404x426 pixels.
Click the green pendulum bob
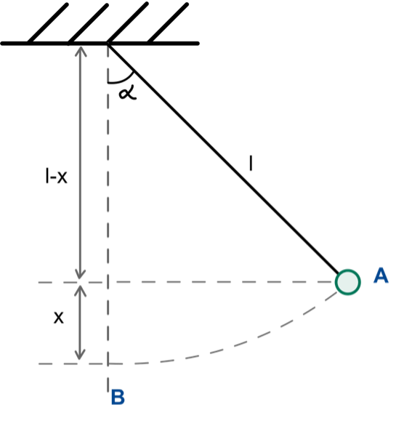point(348,282)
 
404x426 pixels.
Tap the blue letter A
point(381,276)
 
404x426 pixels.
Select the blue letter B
point(118,397)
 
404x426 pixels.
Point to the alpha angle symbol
point(128,92)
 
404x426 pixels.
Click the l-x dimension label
point(56,176)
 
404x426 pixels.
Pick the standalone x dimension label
point(59,318)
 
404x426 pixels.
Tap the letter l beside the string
point(251,163)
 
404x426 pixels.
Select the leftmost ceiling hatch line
point(48,23)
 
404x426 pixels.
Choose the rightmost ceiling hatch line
point(168,23)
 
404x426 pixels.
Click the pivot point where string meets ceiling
point(108,44)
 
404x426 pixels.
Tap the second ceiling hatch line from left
point(88,23)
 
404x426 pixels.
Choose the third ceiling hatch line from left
point(128,23)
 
